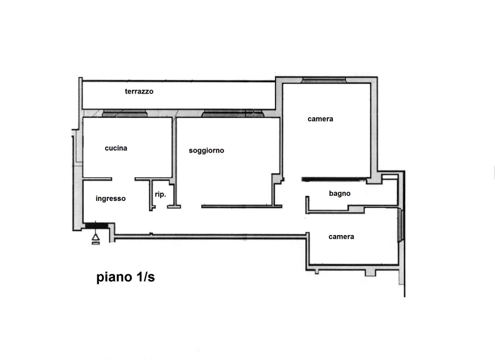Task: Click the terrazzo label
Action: tap(139, 91)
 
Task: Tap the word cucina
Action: tap(116, 148)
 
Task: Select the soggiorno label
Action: tap(206, 150)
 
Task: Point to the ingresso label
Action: tap(111, 199)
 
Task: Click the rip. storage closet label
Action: tap(161, 194)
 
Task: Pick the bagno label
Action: tap(340, 193)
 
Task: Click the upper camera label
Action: tap(320, 119)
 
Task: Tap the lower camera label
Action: tap(341, 237)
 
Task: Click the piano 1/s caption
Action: tap(125, 277)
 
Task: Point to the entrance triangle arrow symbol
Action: tap(95, 237)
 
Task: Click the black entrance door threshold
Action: tap(97, 226)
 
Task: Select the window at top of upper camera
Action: tap(323, 80)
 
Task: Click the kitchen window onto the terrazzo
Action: tap(125, 113)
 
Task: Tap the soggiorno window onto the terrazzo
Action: tap(233, 113)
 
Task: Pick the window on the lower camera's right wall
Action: tap(400, 225)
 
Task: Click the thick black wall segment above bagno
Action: tap(334, 179)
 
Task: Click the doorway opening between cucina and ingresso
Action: tap(123, 179)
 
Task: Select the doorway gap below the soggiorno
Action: tap(191, 207)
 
